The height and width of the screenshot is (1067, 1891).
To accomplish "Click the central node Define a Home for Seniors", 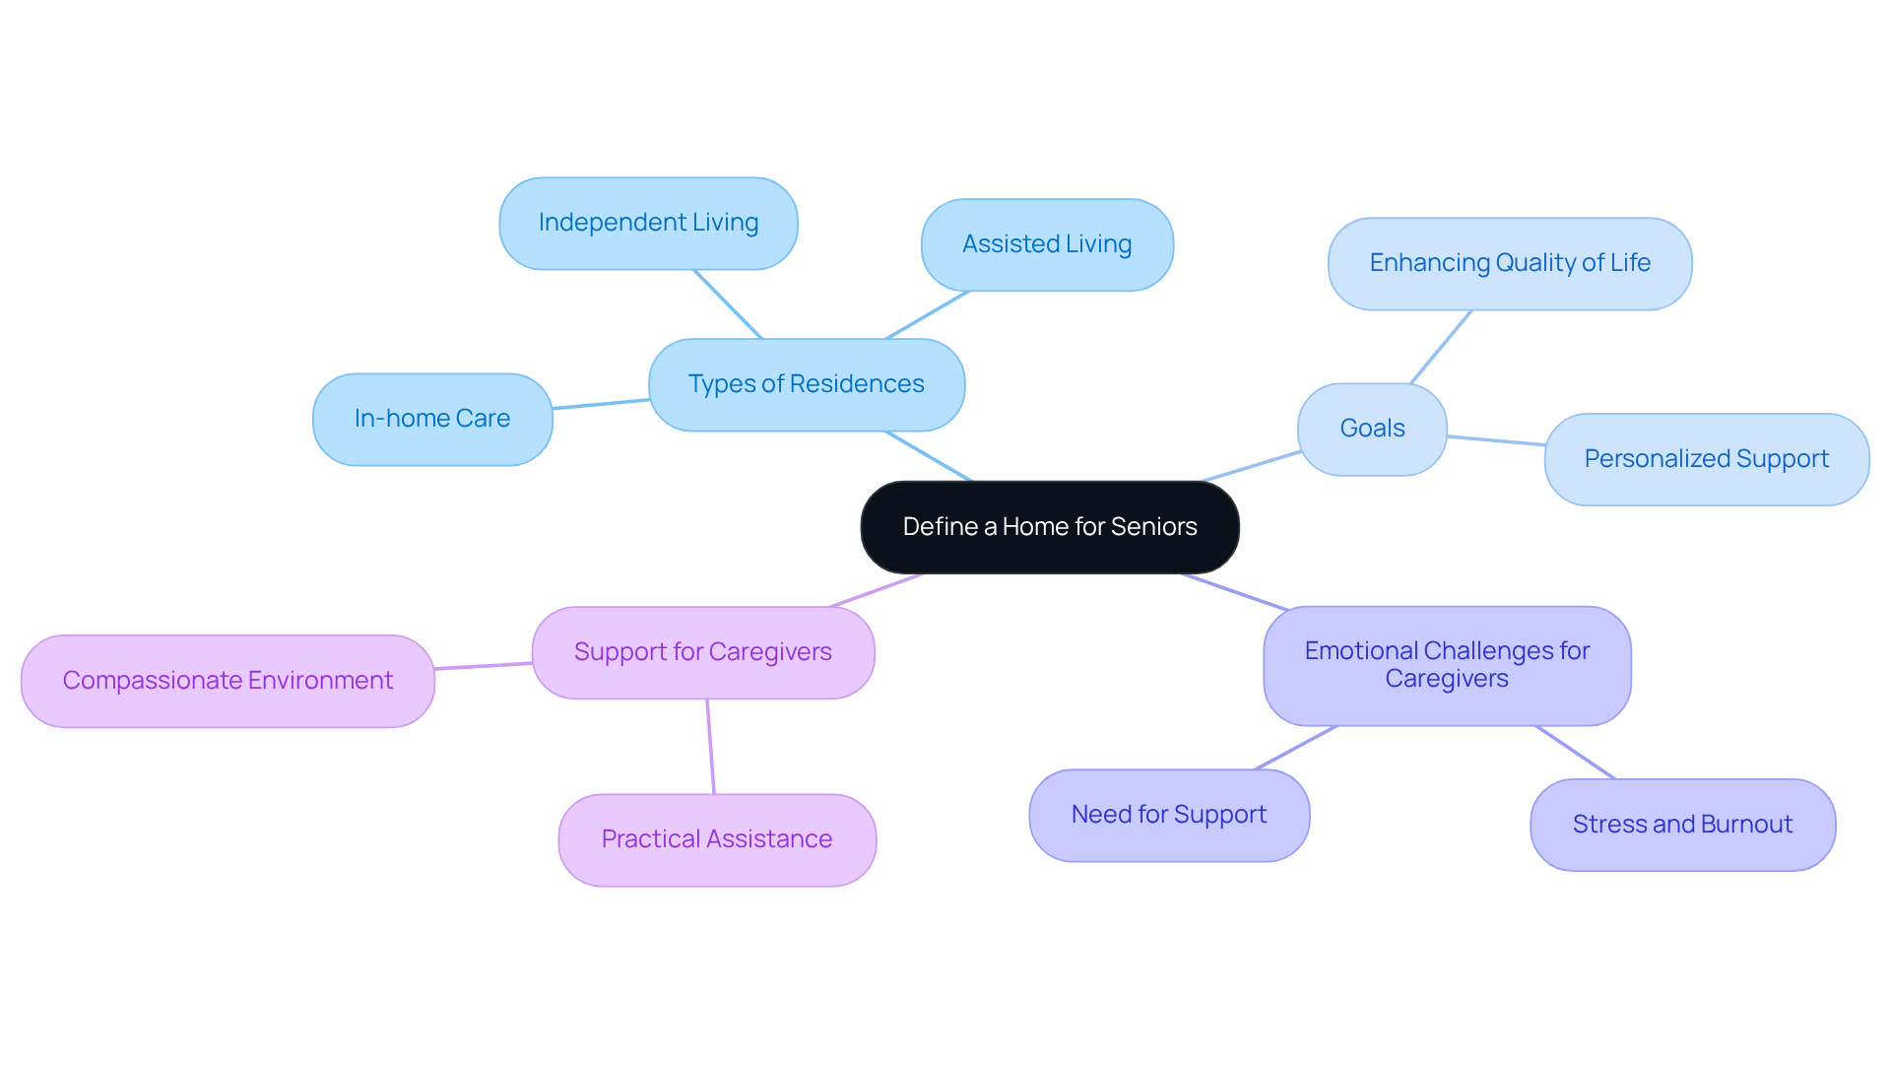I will pos(1049,527).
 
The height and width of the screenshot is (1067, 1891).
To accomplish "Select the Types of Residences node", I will pos(806,384).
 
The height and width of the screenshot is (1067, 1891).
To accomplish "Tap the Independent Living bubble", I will pos(648,223).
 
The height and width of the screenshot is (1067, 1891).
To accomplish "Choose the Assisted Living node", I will pos(1047,244).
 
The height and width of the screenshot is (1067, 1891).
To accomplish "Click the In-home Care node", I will pos(432,419).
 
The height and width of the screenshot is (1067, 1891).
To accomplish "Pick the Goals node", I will pos(1372,429).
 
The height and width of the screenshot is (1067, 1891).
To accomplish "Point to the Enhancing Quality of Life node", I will pos(1510,263).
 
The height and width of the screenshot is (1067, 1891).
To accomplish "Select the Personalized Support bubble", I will pos(1706,459).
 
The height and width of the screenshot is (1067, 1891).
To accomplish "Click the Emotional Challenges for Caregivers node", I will pos(1447,665).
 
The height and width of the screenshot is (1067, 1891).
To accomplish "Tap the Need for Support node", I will pos(1169,815).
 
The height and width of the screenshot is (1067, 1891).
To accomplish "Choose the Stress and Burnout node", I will pos(1682,825).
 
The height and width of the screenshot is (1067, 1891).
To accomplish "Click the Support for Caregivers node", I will pos(702,652).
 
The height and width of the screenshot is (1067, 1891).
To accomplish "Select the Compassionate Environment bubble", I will pos(228,681).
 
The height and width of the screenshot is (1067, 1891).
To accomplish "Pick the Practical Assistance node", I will pos(717,839).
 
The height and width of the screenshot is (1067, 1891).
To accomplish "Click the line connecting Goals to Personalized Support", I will pos(1496,440).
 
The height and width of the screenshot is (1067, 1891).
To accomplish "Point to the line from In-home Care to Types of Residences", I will pos(601,404).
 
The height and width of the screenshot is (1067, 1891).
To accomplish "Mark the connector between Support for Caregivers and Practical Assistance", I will pos(710,747).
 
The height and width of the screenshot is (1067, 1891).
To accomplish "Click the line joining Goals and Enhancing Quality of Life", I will pos(1441,347).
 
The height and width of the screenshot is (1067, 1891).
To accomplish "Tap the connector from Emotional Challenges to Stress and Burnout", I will pos(1576,753).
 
